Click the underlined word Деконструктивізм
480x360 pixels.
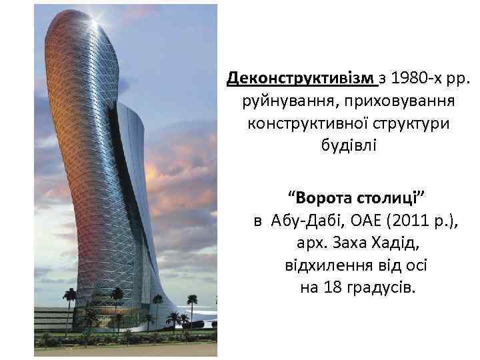tap(302, 79)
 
